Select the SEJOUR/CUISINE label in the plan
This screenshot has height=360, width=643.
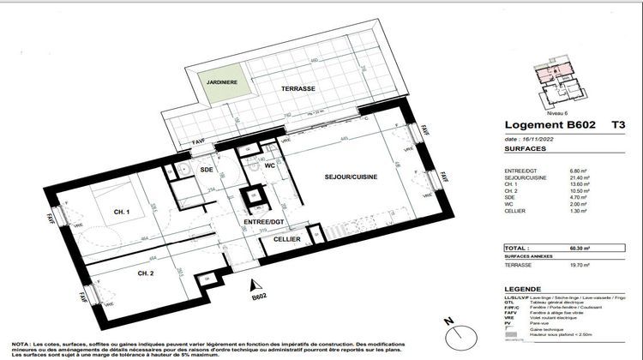point(351,176)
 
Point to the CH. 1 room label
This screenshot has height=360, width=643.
point(121,212)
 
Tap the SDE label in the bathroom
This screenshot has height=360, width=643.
point(206,170)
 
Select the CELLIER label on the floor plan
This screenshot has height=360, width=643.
point(287,239)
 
